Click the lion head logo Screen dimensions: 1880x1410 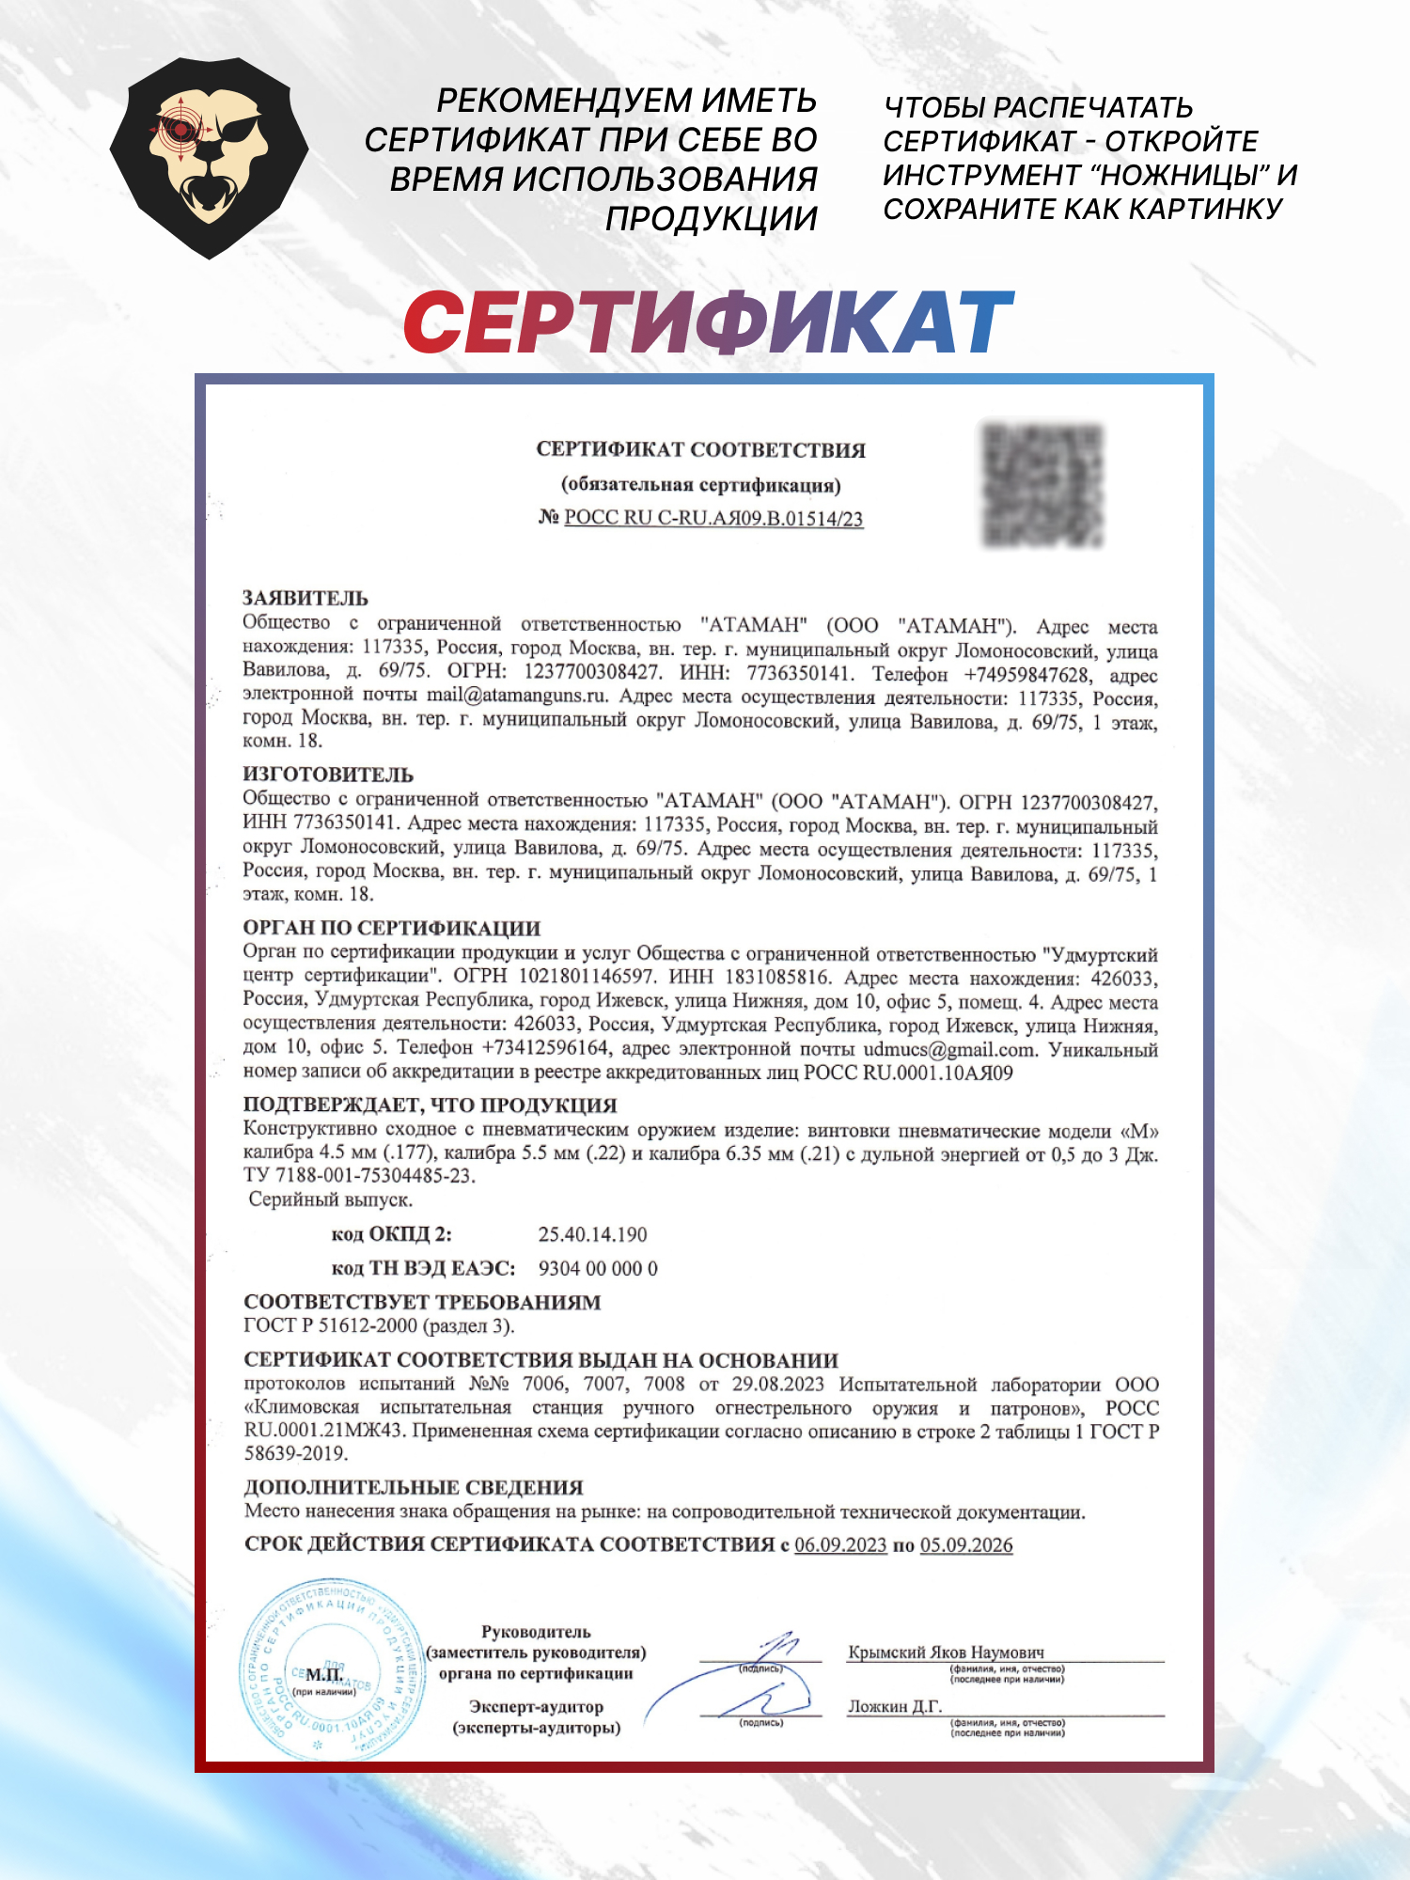(209, 158)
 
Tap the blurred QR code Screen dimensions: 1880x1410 (1042, 485)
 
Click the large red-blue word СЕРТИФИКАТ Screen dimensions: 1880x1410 (708, 322)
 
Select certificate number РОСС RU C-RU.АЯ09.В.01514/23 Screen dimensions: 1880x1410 (713, 518)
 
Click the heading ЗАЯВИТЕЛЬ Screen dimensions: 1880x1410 (305, 598)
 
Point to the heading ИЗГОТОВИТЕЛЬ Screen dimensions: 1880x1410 (328, 775)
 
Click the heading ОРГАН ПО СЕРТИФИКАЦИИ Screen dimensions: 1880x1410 (392, 928)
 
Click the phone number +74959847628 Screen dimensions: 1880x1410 (1026, 675)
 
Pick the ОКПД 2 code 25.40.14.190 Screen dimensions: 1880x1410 (592, 1234)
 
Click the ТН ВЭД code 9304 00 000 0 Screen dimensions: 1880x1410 (598, 1268)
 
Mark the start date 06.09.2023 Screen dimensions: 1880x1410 (840, 1544)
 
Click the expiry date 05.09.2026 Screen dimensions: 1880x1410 (966, 1544)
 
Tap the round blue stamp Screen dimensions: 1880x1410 (333, 1668)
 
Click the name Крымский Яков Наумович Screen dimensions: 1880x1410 (946, 1652)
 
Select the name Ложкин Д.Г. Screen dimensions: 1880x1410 (895, 1706)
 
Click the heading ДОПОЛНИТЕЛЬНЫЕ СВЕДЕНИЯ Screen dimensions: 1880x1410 (414, 1487)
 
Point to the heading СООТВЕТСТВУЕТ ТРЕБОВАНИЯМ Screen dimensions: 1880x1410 (422, 1302)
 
